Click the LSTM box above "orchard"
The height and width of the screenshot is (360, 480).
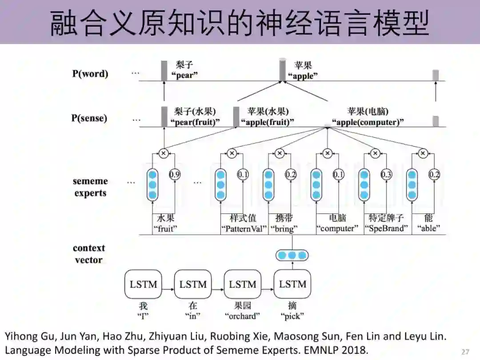click(x=243, y=284)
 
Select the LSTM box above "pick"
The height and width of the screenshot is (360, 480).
click(x=292, y=284)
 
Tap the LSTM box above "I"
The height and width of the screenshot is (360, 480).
click(x=143, y=284)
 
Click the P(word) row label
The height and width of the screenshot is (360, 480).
click(x=90, y=74)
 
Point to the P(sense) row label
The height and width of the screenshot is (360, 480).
click(x=89, y=118)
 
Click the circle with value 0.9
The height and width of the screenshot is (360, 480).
click(x=175, y=175)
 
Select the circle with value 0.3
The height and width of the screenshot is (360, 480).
click(x=386, y=175)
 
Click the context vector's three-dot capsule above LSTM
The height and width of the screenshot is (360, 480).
click(x=292, y=255)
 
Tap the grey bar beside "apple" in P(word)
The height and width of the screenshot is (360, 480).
click(x=282, y=70)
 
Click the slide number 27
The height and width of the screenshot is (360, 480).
click(x=465, y=352)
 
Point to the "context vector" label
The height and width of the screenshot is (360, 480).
click(x=89, y=254)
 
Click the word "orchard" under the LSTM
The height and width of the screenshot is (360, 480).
click(x=243, y=316)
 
